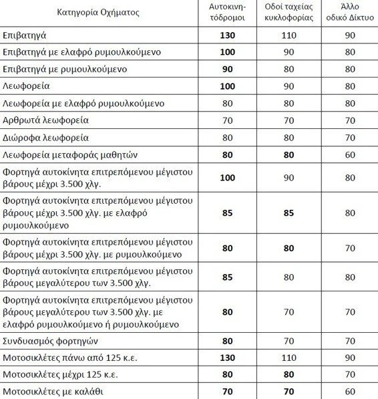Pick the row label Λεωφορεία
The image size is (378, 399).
pos(26,86)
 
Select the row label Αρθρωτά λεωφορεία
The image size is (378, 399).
pos(45,121)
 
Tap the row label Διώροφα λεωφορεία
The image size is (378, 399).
pos(44,138)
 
